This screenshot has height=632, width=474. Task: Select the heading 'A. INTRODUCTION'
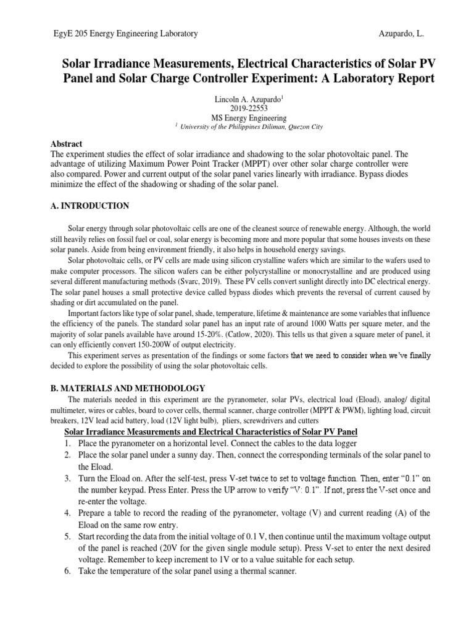(89, 206)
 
